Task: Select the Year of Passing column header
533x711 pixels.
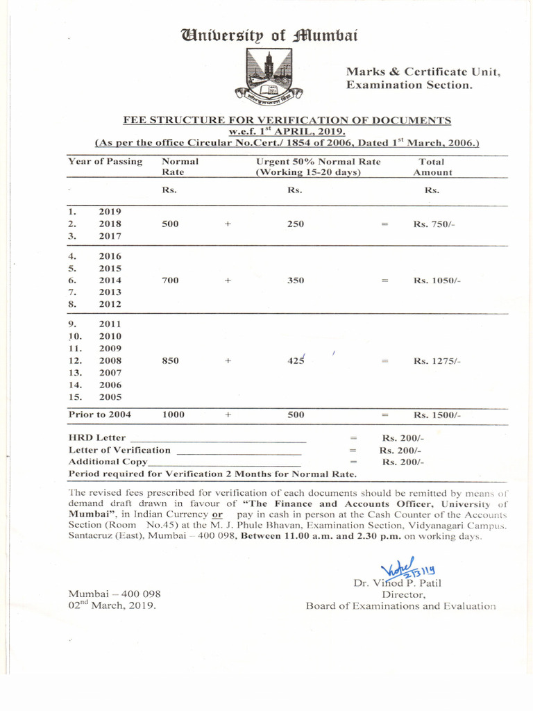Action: point(105,161)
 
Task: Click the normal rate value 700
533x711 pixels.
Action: point(170,280)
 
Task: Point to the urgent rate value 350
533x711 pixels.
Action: point(296,280)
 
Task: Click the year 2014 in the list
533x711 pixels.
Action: point(110,280)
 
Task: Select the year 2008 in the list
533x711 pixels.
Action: point(110,360)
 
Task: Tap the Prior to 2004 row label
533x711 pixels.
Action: point(99,415)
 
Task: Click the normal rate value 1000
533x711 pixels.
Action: point(173,415)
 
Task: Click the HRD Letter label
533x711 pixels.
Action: point(97,437)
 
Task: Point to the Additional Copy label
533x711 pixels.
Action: point(108,461)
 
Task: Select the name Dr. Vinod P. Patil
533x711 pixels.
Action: point(397,583)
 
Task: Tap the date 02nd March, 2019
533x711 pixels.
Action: point(112,605)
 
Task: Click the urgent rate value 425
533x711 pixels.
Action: point(296,360)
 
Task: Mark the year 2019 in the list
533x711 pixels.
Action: point(110,211)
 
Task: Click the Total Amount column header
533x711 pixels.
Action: point(432,167)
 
